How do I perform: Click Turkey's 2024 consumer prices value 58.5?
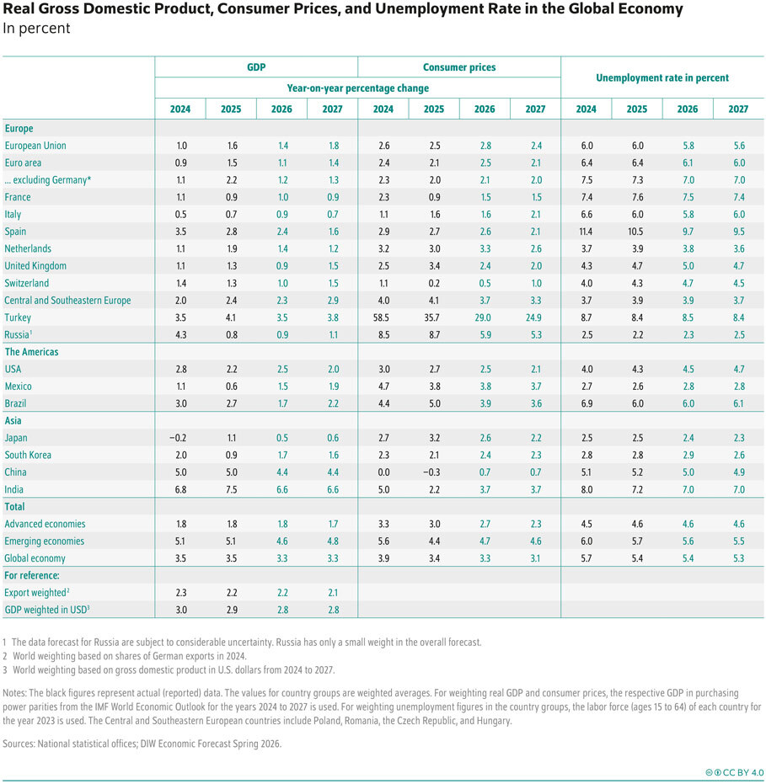383,317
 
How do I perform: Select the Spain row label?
17,232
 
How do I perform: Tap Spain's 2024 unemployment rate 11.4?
586,232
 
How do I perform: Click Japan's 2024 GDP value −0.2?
179,438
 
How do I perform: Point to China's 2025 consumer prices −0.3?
433,472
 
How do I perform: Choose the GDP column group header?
256,67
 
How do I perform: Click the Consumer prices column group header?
458,67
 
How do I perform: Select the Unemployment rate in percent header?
662,77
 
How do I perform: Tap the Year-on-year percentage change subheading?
357,88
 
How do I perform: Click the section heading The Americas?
32,352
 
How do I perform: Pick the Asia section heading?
14,421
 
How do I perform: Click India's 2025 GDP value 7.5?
230,489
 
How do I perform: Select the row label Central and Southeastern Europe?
67,301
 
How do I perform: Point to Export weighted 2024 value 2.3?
179,592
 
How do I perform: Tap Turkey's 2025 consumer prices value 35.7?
433,317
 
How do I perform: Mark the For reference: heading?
32,575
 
